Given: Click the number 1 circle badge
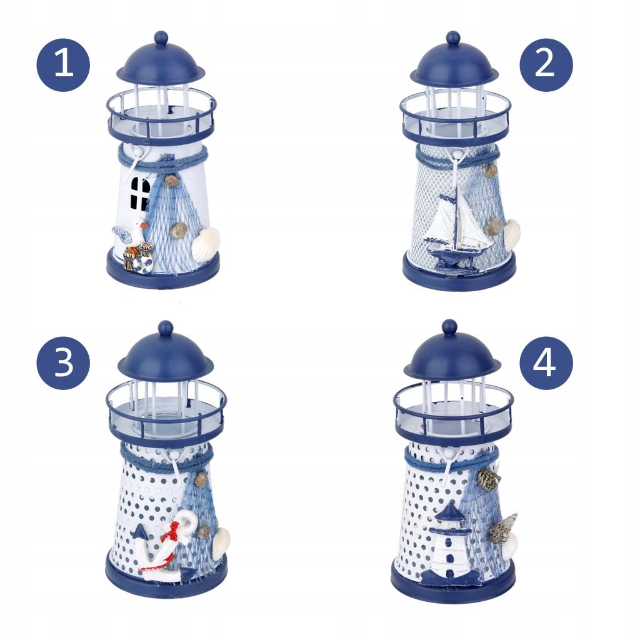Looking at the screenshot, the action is click(x=63, y=65).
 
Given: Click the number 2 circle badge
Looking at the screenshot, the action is click(x=546, y=65).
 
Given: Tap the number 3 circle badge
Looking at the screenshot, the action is click(x=63, y=363).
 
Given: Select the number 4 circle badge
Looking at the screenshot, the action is click(x=546, y=363).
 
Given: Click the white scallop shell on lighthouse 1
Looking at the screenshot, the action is click(x=205, y=244).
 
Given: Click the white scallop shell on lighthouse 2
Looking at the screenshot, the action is click(x=512, y=235).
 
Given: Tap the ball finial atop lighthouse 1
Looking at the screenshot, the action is click(x=161, y=38).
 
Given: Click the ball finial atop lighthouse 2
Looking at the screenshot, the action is click(x=452, y=38).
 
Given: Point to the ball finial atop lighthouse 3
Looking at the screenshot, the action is click(x=166, y=328).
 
